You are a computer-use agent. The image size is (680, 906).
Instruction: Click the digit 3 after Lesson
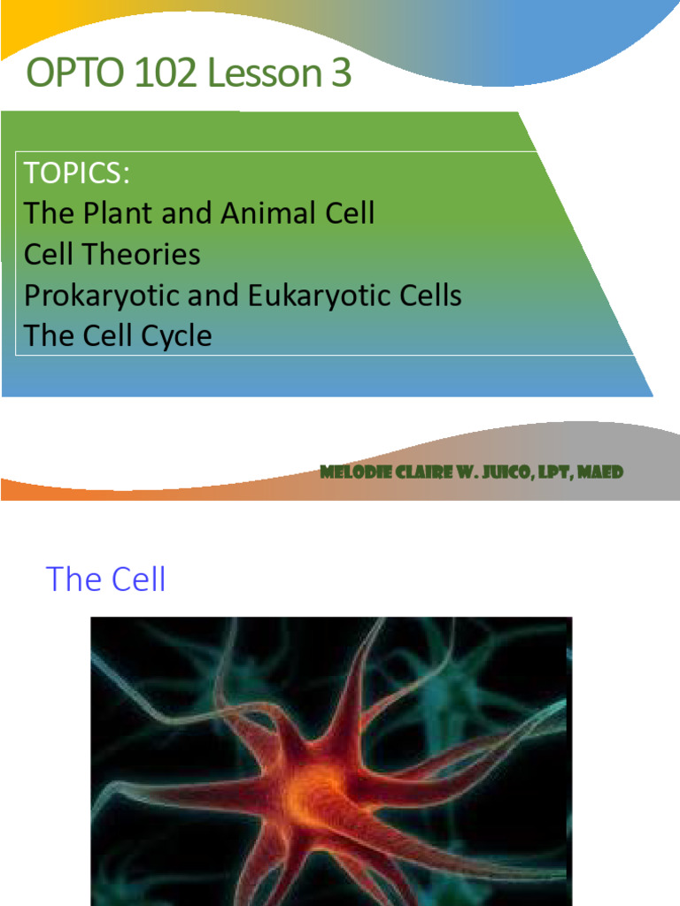(x=341, y=74)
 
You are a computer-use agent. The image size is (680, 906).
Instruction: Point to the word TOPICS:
(x=78, y=173)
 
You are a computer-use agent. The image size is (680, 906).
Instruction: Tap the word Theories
(x=143, y=255)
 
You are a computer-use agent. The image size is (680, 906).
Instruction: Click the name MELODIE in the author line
(x=353, y=472)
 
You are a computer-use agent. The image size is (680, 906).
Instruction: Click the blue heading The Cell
(x=105, y=580)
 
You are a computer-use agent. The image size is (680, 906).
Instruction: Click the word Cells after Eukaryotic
(x=431, y=296)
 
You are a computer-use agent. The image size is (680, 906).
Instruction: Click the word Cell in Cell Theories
(x=50, y=255)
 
